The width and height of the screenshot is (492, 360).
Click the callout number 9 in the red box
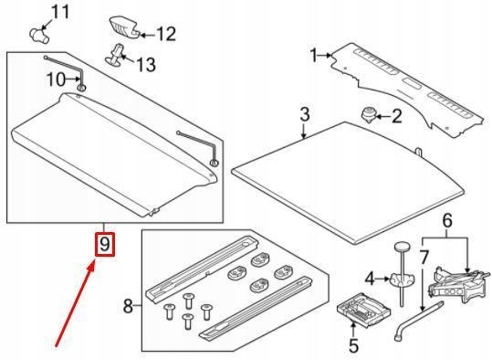pyautogui.click(x=105, y=244)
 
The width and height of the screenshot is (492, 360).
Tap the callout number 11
pyautogui.click(x=59, y=12)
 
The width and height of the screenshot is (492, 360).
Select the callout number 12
pyautogui.click(x=166, y=34)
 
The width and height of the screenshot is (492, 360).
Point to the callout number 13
pyautogui.click(x=146, y=64)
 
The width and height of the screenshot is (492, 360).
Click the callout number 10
pyautogui.click(x=56, y=79)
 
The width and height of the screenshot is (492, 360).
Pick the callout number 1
pyautogui.click(x=314, y=56)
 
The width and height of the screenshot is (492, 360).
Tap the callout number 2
pyautogui.click(x=396, y=117)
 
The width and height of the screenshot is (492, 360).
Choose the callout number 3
pyautogui.click(x=305, y=114)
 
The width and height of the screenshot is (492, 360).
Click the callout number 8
pyautogui.click(x=128, y=306)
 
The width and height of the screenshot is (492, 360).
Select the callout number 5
pyautogui.click(x=353, y=345)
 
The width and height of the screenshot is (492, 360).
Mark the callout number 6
pyautogui.click(x=447, y=220)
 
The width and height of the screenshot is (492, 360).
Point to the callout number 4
pyautogui.click(x=370, y=279)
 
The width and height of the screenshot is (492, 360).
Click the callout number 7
pyautogui.click(x=424, y=258)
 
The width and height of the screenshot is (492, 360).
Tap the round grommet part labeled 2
pyautogui.click(x=369, y=114)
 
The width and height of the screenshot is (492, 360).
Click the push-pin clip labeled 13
pyautogui.click(x=115, y=56)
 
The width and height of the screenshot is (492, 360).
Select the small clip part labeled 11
pyautogui.click(x=39, y=36)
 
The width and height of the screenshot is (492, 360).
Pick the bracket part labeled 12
pyautogui.click(x=124, y=28)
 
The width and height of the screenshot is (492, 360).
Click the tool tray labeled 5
pyautogui.click(x=363, y=310)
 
